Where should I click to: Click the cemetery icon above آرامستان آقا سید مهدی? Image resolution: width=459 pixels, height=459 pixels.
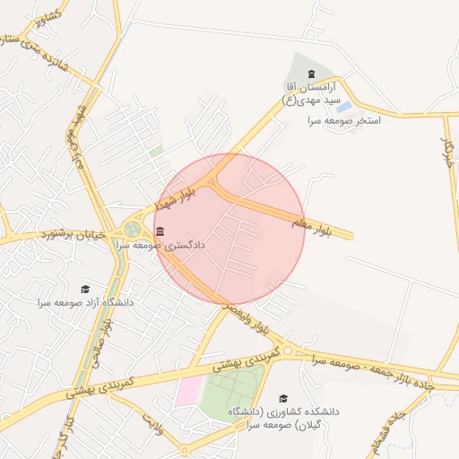point(311,74)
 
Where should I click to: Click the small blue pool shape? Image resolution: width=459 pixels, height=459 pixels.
point(343,107)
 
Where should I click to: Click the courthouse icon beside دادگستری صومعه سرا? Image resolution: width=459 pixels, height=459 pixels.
point(160,232)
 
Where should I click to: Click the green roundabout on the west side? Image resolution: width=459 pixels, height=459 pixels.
point(133,229)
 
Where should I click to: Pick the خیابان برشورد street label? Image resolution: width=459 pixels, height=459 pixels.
point(73,235)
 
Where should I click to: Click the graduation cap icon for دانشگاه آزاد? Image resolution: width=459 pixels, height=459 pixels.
point(85,289)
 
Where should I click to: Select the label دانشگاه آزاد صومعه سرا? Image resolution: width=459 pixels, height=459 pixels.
point(86,303)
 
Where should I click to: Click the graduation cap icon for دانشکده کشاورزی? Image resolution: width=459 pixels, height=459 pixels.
point(283,397)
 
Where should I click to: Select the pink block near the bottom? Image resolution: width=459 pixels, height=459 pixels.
point(189,391)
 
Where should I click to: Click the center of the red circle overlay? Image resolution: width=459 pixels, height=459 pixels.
point(229,229)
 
